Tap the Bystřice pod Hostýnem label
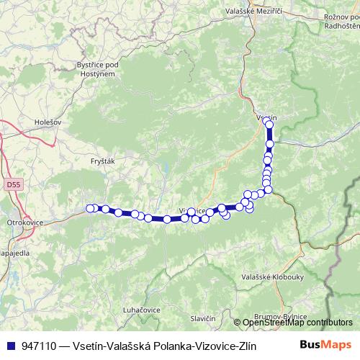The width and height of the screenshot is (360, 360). (96, 68)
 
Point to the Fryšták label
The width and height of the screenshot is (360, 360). (104, 162)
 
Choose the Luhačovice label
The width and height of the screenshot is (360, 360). (140, 309)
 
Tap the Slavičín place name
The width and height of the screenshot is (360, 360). (203, 318)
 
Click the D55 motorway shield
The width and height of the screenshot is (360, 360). (12, 186)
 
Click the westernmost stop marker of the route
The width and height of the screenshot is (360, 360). (90, 208)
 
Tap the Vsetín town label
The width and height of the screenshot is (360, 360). (266, 117)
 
